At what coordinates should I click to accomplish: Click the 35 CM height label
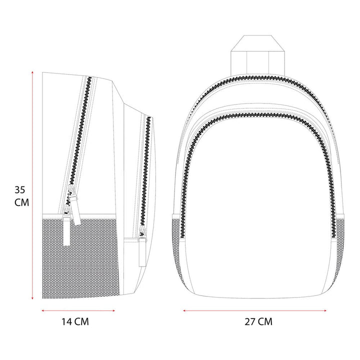coord(21,196)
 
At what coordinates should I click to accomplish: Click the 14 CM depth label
coord(75,321)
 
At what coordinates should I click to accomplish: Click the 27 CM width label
coord(258,321)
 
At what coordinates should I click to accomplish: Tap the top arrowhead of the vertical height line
coord(32,72)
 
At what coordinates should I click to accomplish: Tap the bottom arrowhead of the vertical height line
coord(32,298)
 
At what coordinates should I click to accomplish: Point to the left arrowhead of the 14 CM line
coord(42,310)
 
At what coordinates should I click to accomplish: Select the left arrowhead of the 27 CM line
coord(184,310)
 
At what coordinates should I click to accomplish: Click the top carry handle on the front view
coord(257,55)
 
